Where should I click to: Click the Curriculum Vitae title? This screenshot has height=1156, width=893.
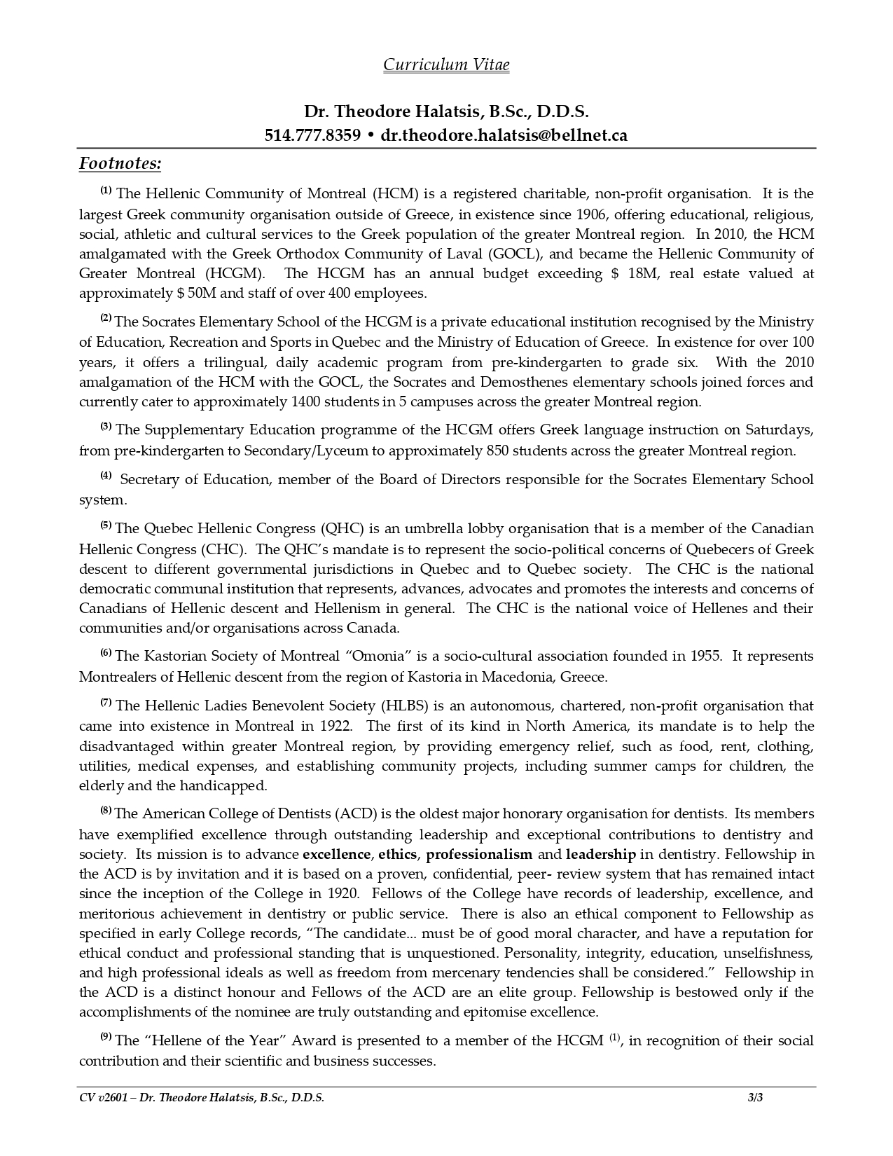tap(446, 65)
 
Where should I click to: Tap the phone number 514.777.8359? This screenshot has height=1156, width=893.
tap(312, 135)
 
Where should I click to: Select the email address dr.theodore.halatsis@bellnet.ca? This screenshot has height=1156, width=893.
tap(504, 135)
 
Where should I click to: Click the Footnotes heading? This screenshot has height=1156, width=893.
tap(120, 164)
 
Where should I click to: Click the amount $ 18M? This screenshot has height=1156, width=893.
tap(635, 273)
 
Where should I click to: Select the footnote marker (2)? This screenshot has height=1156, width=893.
tap(106, 319)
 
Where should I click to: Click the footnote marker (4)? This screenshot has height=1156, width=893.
tap(106, 476)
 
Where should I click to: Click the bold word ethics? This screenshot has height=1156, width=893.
tap(398, 855)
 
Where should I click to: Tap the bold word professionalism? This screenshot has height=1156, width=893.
tap(479, 855)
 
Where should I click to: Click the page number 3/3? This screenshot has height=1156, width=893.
tap(755, 1098)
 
